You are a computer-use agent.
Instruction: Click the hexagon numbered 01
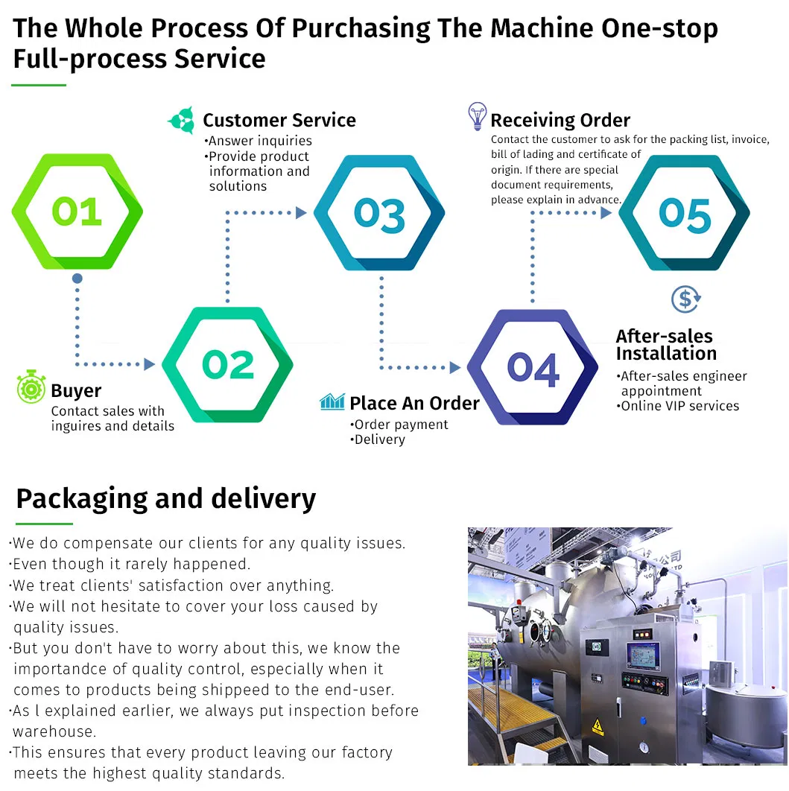pos(77,212)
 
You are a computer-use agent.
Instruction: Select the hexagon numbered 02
pos(227,365)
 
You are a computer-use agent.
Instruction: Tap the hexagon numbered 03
pos(379,213)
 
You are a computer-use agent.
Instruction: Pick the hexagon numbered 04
pos(533,368)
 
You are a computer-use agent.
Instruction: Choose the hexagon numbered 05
pos(684,214)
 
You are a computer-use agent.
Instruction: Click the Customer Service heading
pos(279,120)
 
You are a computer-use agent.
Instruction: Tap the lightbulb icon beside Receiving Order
pos(477,117)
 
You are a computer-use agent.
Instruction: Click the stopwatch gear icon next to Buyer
pos(31,388)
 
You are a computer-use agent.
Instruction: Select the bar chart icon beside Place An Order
pos(332,402)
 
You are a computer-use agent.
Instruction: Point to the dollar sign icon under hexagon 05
pos(685,299)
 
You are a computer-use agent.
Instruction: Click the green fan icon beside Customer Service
pos(182,120)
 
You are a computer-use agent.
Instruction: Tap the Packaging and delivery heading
pos(165,498)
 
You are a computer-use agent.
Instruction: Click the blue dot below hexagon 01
pos(77,279)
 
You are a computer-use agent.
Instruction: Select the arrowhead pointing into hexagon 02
pos(149,364)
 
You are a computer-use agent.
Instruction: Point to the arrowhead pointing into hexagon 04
pos(455,367)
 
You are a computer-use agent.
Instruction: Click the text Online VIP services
pos(679,406)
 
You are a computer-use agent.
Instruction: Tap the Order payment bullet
pos(401,425)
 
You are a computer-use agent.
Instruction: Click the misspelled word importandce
pos(67,669)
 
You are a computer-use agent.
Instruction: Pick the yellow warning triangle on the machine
pos(597,726)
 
